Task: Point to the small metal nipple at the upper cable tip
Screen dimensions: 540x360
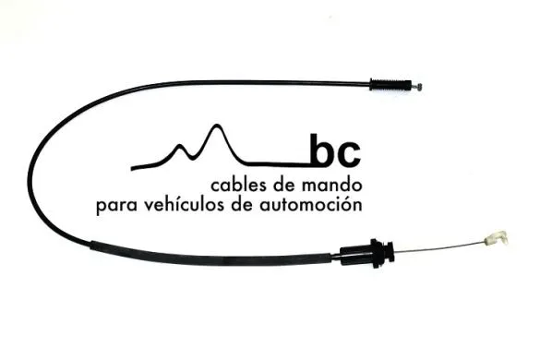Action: [x=419, y=87]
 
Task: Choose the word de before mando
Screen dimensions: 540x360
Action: [x=291, y=184]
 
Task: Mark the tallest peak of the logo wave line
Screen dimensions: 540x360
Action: [x=217, y=126]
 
